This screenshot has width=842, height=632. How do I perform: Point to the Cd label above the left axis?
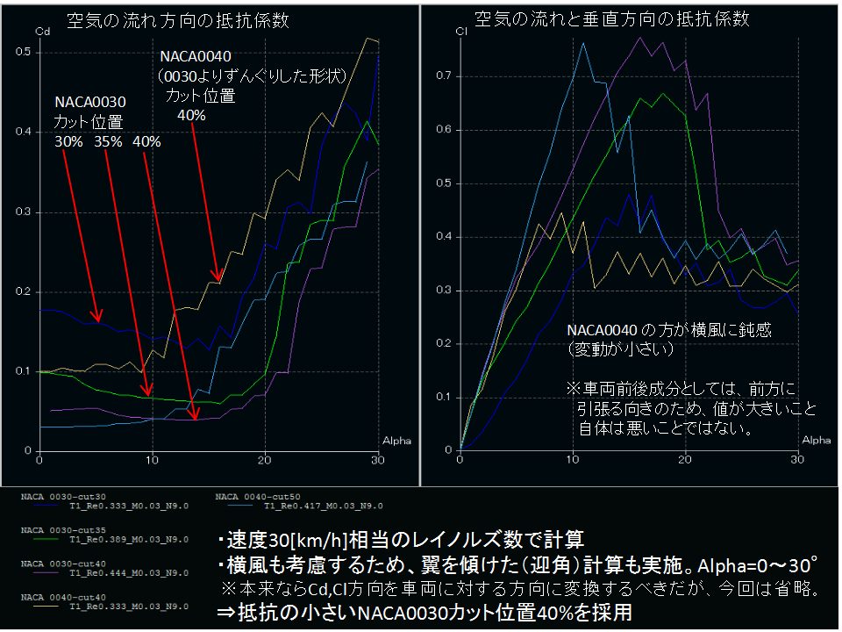pyautogui.click(x=39, y=31)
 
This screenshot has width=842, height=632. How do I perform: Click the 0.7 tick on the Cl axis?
pyautogui.click(x=446, y=76)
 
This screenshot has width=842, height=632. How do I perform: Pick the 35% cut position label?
pyautogui.click(x=108, y=141)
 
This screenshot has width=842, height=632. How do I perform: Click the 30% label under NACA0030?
pyautogui.click(x=68, y=141)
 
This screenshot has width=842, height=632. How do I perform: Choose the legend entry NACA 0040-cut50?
pyautogui.click(x=253, y=496)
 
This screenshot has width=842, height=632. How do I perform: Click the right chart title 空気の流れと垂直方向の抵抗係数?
pyautogui.click(x=611, y=19)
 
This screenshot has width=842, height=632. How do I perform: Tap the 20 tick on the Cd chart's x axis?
pyautogui.click(x=265, y=458)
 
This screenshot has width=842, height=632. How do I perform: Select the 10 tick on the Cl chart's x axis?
pyautogui.click(x=573, y=458)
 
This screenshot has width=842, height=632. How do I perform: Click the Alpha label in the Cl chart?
pyautogui.click(x=816, y=440)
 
